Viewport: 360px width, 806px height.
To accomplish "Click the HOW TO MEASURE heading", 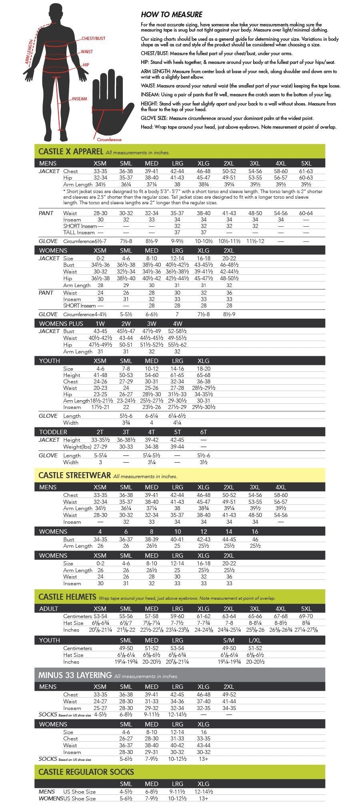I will pos(172,14).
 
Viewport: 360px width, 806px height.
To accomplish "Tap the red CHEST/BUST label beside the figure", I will pos(93,38).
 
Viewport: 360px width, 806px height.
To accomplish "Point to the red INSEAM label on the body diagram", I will pos(79,99).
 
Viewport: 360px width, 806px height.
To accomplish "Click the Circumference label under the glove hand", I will pos(109,140).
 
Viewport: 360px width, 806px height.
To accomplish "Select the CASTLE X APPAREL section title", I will pos(71,152).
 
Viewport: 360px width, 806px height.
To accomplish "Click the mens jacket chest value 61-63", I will pos(306,171).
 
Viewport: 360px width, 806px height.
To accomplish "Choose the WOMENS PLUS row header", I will pos(61,323).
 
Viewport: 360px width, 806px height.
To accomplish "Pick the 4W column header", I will pos(177,323).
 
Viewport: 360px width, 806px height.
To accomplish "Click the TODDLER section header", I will pos(53,432).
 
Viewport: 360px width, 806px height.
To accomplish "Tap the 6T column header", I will pos(203,432).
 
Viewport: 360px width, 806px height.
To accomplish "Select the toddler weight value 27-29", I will pos(100,447).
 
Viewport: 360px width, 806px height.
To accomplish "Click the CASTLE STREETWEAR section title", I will pos(74,475).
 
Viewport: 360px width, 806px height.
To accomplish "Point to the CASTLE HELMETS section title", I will pos(67,597).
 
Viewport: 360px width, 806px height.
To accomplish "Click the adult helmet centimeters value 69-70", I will pos(306,616).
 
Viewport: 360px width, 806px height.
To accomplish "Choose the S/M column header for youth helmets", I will pos(229,640).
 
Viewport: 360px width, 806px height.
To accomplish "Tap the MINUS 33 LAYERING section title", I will pos(75,675).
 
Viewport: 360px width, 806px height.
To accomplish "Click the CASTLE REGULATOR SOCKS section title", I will pos(86,772).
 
